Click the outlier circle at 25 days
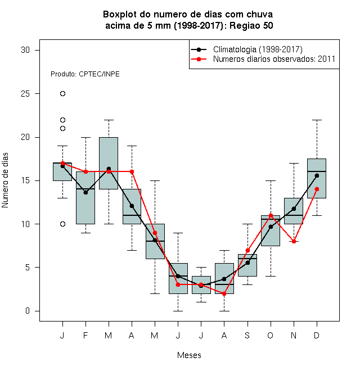[62, 94]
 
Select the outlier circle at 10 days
[62, 224]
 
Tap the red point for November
[294, 241]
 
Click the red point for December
[317, 189]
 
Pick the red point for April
[132, 171]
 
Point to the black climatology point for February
[85, 193]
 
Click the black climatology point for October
[271, 227]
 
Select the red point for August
[224, 293]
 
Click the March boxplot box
[109, 163]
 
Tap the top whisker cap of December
[317, 120]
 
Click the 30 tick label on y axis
[25, 50]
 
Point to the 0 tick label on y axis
[28, 311]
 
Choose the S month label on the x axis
[247, 335]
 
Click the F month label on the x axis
[85, 335]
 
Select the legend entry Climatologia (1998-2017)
[247, 49]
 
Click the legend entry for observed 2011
[263, 59]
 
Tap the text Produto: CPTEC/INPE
[85, 74]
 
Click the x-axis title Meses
[189, 355]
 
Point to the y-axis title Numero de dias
[5, 180]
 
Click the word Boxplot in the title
[120, 15]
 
